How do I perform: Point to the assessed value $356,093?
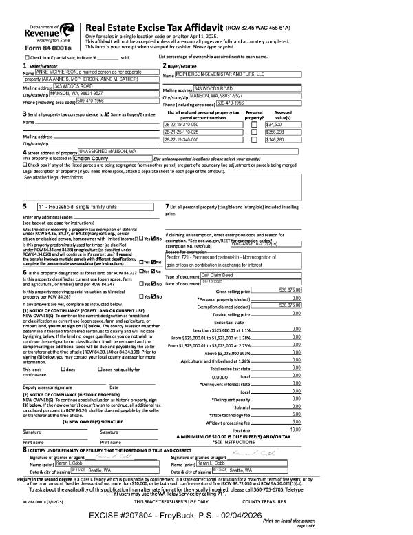point(275,131)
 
